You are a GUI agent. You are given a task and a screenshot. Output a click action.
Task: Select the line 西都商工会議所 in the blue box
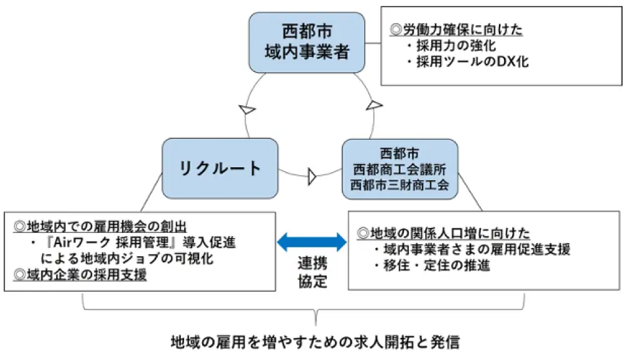click(399, 169)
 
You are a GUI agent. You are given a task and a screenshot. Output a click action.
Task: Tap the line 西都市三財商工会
click(399, 185)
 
